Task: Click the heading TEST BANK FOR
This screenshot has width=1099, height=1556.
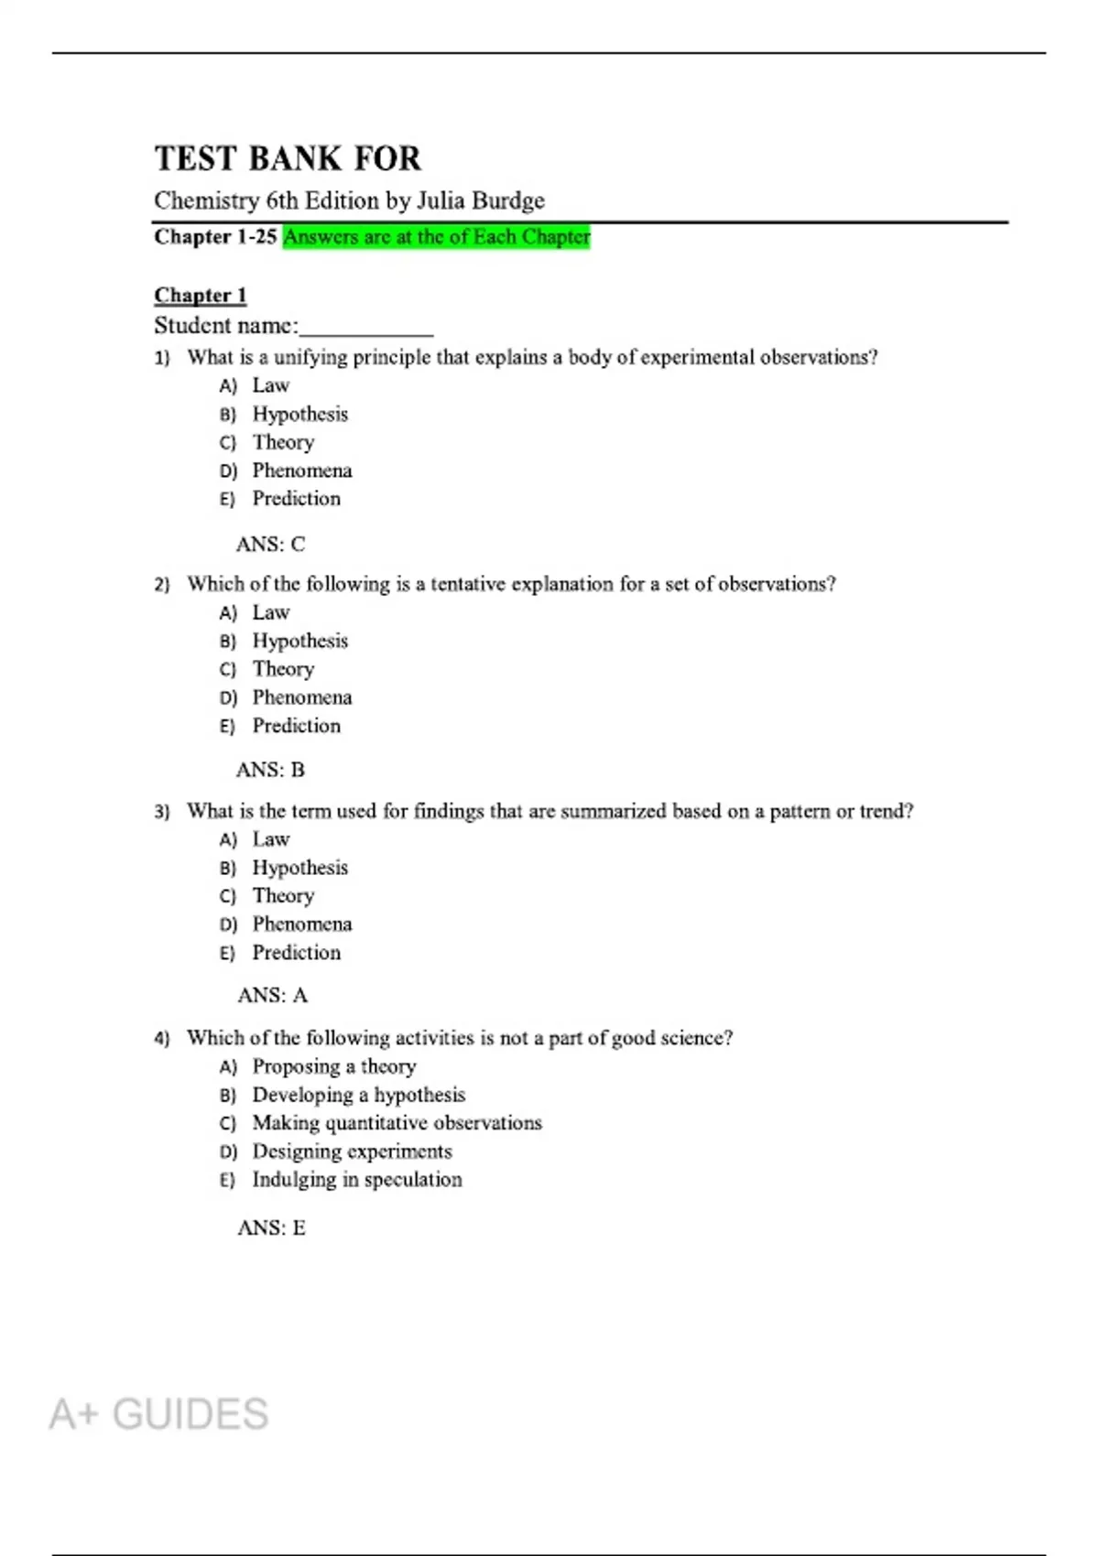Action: coord(288,159)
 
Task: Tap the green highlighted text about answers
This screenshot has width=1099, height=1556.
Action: coord(436,237)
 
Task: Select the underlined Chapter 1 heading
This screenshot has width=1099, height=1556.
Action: coord(201,295)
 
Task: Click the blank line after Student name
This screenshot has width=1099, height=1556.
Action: coord(366,327)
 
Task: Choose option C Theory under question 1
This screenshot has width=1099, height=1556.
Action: coord(283,442)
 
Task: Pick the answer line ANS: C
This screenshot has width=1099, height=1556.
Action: coord(270,545)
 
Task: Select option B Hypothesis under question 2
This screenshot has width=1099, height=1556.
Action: coord(299,641)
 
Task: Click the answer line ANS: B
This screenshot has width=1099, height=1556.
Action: coord(270,771)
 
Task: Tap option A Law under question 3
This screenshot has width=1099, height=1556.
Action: coord(270,839)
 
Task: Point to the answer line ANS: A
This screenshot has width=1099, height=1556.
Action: coord(272,996)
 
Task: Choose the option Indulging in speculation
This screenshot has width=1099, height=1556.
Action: coord(357,1180)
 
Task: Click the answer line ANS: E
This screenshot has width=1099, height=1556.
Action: coord(271,1228)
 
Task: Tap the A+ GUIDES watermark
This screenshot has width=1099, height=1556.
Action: coord(158,1414)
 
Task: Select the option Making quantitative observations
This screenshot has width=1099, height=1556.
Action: coord(397,1123)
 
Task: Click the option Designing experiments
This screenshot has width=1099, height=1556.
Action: coord(352,1151)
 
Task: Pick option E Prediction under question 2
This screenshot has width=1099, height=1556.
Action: coord(296,726)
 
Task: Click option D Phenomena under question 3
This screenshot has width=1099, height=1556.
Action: coord(301,924)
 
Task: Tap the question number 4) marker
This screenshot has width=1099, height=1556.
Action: coord(162,1039)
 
